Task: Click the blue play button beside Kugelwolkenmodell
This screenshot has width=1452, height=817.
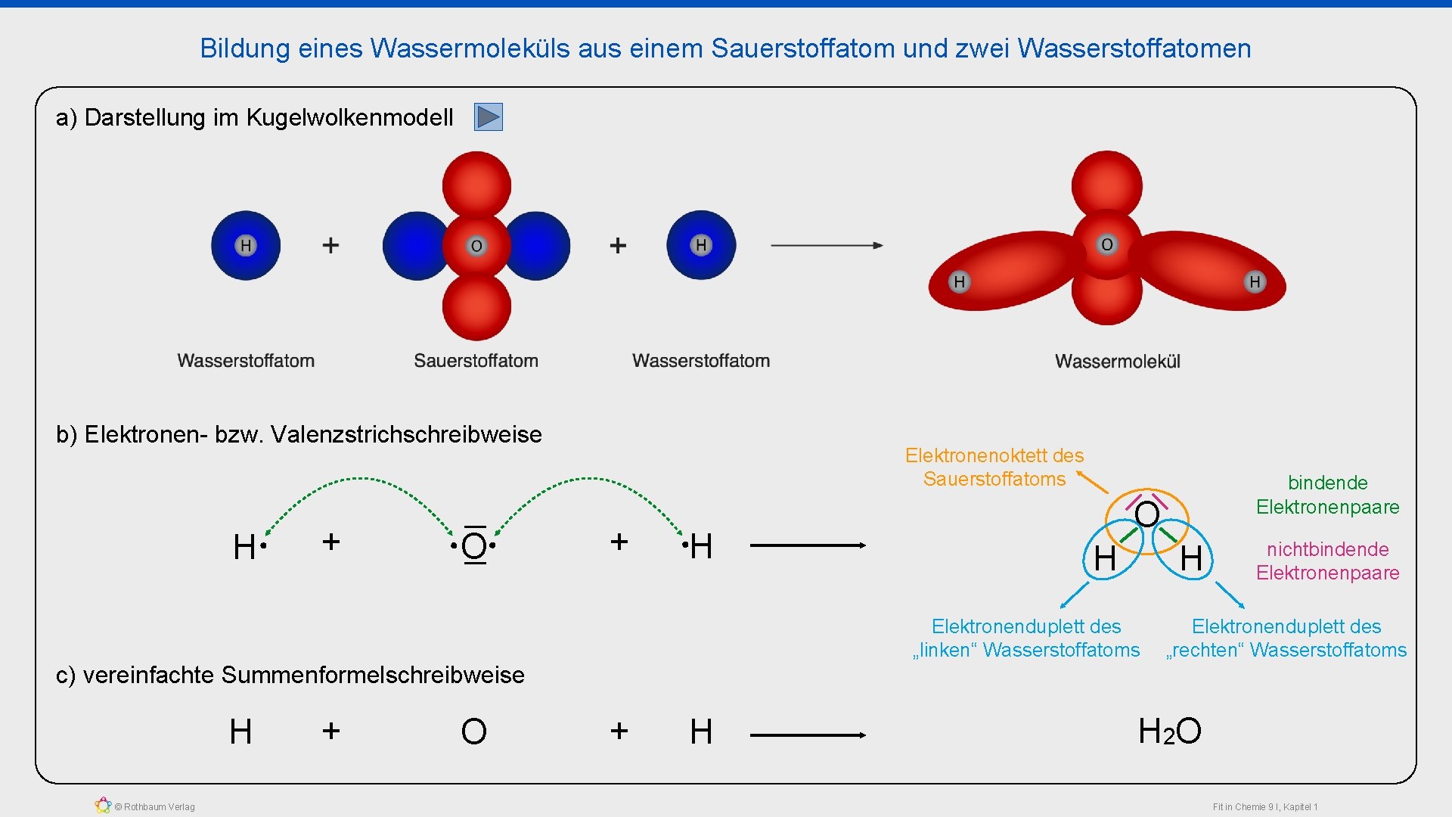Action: (488, 117)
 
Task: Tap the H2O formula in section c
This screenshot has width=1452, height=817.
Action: (1169, 732)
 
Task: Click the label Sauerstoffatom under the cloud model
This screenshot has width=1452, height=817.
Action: (476, 361)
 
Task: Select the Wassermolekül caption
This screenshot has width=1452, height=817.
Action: (1117, 362)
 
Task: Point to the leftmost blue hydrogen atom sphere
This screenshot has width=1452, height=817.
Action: (246, 245)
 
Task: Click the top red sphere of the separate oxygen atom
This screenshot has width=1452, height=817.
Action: (476, 184)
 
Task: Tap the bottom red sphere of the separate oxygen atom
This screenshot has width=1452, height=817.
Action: (476, 306)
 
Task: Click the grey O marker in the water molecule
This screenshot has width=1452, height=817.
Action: (1107, 244)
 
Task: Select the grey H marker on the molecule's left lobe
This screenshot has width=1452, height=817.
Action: (959, 282)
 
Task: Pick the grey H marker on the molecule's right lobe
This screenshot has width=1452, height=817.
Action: (1255, 282)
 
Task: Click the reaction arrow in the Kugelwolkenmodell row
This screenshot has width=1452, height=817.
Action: (826, 245)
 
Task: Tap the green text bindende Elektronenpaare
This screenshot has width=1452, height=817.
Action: (1327, 495)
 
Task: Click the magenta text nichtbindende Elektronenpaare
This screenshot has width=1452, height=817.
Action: (1327, 561)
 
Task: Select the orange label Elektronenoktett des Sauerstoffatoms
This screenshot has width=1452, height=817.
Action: (994, 467)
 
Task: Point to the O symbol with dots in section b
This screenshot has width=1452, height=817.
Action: (474, 545)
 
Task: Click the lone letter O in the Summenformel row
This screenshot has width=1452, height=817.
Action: (473, 732)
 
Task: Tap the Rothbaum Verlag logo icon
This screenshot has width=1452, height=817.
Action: (103, 806)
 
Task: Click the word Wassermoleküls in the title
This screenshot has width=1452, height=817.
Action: (470, 48)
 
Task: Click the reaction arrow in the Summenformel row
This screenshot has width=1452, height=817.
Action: (807, 735)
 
